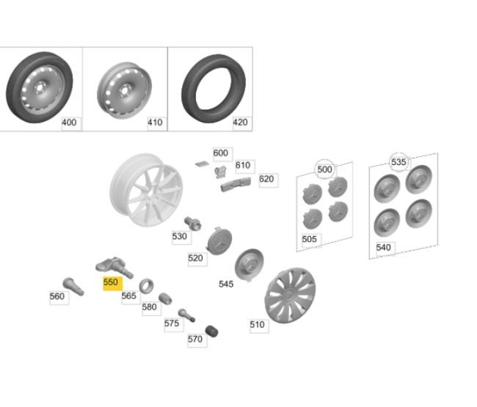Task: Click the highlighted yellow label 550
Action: (x=111, y=282)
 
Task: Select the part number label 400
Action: (x=70, y=122)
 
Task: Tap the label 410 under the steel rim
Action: (x=155, y=122)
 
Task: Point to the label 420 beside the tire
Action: (x=240, y=122)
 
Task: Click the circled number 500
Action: (x=324, y=169)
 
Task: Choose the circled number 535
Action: (x=398, y=162)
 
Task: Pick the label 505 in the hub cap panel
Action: (x=310, y=239)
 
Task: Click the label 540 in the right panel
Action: (x=384, y=248)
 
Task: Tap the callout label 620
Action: (x=266, y=179)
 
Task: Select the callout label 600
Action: (x=221, y=153)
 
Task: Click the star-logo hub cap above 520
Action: (x=219, y=239)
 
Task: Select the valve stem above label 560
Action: (x=70, y=282)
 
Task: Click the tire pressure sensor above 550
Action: (x=113, y=267)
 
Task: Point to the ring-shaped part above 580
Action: (x=146, y=284)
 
